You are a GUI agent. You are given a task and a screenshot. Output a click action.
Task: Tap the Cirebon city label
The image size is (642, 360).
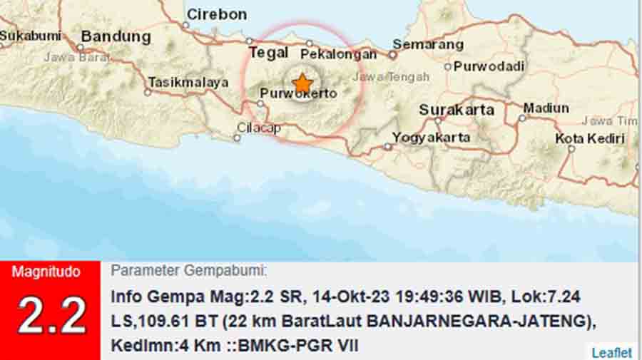tap(216, 14)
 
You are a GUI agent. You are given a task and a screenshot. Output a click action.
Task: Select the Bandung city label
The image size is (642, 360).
tap(116, 36)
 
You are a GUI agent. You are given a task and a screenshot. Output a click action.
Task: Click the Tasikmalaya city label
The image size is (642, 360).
tap(188, 82)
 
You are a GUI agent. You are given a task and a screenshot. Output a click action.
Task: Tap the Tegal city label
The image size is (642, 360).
tap(269, 52)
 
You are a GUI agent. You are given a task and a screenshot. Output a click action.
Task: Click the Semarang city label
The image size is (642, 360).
tap(428, 44)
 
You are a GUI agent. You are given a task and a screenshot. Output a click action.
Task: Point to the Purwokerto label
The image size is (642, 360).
tap(298, 93)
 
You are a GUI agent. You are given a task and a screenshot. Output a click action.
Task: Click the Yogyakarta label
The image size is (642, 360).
tap(432, 138)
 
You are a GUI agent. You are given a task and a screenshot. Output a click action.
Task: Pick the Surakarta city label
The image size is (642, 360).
tap(457, 110)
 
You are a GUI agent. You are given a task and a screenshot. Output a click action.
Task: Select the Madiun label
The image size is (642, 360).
tap(546, 108)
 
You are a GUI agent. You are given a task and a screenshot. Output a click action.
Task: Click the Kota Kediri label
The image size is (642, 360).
tap(590, 138)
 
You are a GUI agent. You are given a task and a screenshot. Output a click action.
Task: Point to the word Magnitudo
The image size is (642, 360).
tap(46, 272)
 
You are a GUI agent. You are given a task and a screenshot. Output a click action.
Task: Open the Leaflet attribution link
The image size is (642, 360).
tap(611, 352)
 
